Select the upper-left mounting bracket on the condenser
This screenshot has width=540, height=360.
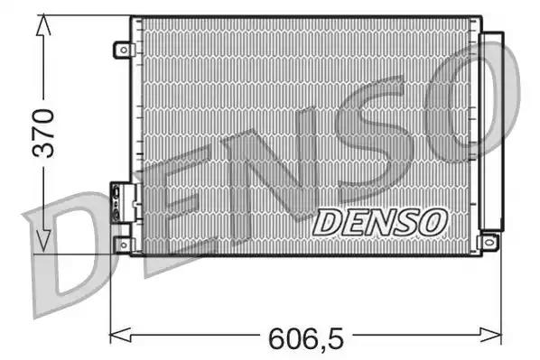[121, 50]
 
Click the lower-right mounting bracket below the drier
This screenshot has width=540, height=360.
[489, 241]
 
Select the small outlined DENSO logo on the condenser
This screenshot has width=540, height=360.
[379, 220]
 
